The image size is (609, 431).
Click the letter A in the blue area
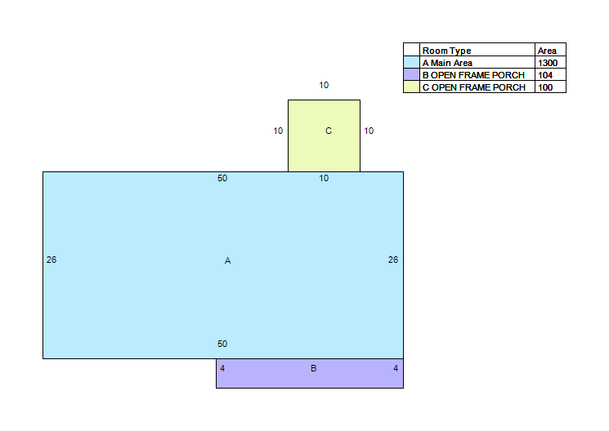click(x=227, y=260)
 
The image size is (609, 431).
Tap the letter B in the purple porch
click(x=313, y=368)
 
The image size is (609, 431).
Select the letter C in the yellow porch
click(x=329, y=131)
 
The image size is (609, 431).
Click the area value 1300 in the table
click(x=548, y=63)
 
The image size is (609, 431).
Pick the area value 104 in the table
click(x=545, y=75)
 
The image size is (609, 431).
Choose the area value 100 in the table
click(x=545, y=87)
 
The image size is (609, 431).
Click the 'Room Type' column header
click(x=446, y=51)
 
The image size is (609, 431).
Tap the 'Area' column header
click(x=547, y=51)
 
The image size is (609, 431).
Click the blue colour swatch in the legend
click(x=411, y=63)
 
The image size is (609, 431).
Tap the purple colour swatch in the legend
click(x=411, y=74)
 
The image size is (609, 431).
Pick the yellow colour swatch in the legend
click(x=411, y=87)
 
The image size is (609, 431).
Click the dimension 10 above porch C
click(x=324, y=85)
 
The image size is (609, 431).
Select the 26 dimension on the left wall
click(x=51, y=260)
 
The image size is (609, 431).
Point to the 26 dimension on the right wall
click(x=393, y=260)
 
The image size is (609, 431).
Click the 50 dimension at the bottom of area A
click(x=222, y=344)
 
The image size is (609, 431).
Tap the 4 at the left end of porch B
click(x=222, y=368)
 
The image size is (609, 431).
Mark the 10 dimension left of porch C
click(x=278, y=131)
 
